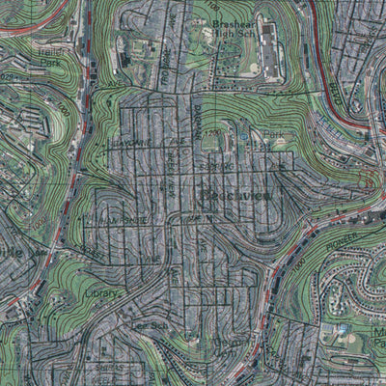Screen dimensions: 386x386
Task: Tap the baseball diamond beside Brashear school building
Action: coord(248,69)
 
